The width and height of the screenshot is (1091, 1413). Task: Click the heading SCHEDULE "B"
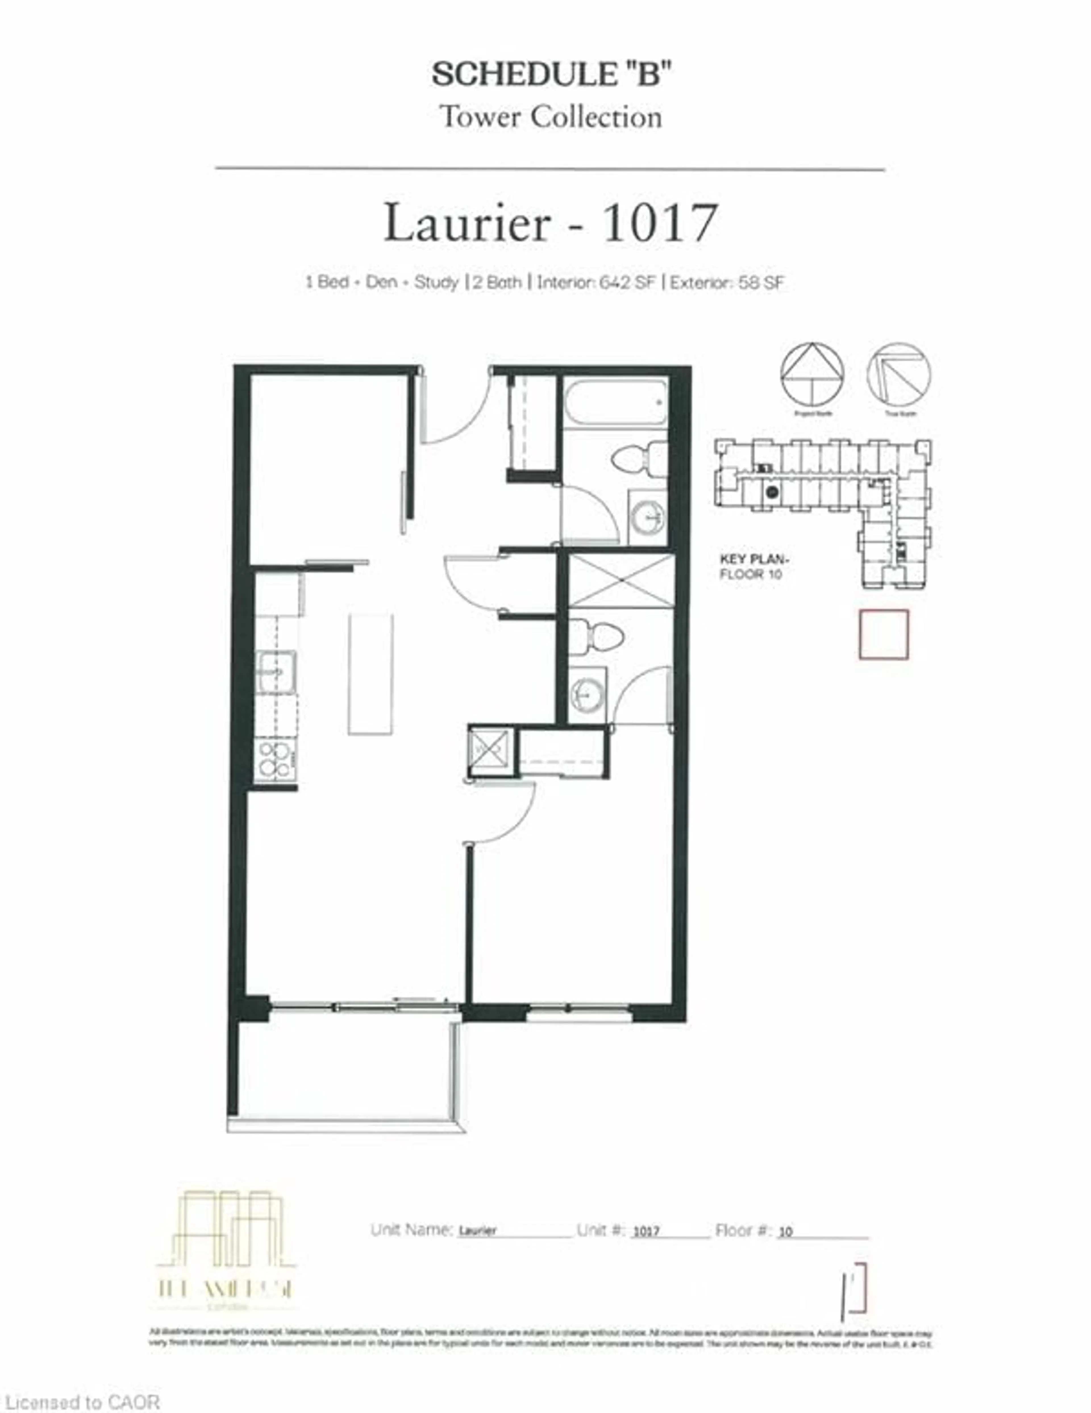click(550, 74)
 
